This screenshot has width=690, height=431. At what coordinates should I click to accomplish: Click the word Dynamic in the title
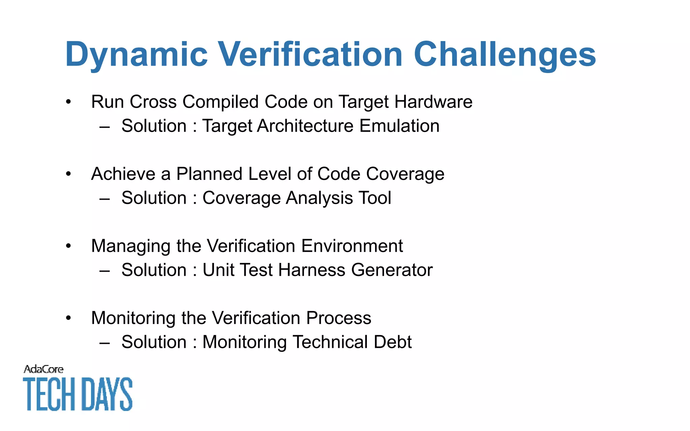[x=136, y=55]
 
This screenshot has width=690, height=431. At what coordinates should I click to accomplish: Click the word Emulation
[x=399, y=126]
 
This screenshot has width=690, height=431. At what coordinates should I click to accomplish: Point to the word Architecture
[x=305, y=126]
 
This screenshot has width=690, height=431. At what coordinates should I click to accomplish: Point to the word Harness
[x=312, y=270]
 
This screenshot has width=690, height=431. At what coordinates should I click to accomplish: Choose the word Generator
[x=392, y=270]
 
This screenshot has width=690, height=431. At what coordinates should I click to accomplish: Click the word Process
[x=339, y=318]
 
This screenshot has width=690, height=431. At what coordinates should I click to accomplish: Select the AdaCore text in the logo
[x=43, y=369]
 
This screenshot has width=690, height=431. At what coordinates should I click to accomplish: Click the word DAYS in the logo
[x=107, y=394]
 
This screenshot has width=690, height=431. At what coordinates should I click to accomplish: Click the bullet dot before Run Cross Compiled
[x=69, y=102]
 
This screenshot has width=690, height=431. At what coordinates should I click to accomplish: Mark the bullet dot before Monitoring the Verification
[x=69, y=318]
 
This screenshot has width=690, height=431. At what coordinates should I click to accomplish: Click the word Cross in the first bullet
[x=153, y=102]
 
